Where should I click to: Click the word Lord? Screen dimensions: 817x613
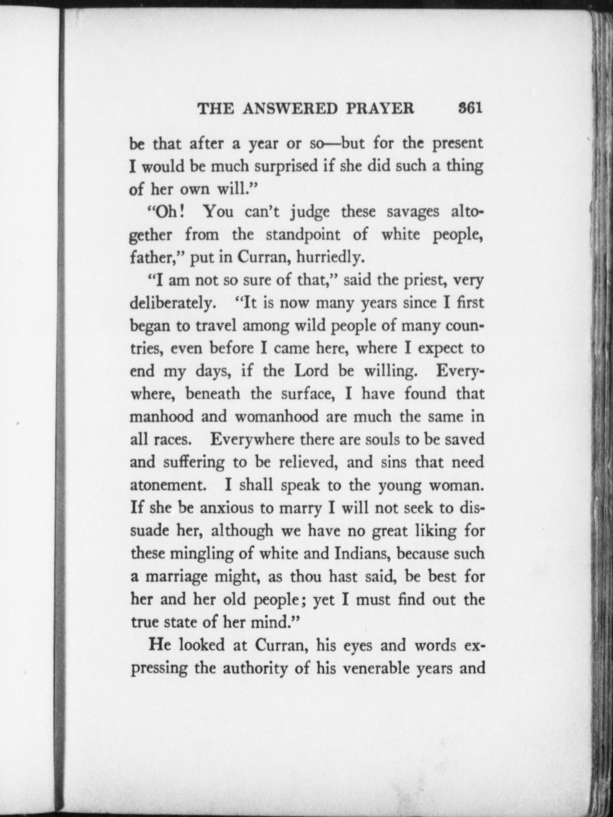click(311, 371)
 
